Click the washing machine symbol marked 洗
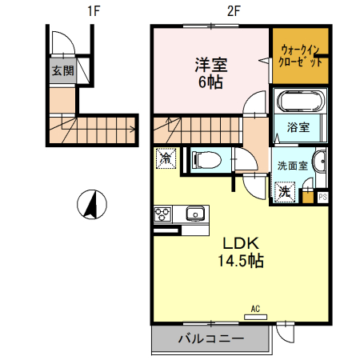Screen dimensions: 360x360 click(x=285, y=191)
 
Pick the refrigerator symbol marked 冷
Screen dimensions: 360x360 click(x=166, y=159)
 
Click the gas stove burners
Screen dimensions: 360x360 click(x=162, y=214)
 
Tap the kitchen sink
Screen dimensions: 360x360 click(x=195, y=214)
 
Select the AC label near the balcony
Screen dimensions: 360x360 click(x=255, y=308)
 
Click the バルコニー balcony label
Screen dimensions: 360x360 click(x=210, y=340)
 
